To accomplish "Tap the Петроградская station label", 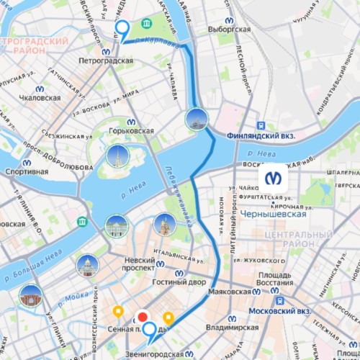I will point(106,61).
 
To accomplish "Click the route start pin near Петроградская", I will point(122,30).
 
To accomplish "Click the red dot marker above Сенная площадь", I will point(143,316).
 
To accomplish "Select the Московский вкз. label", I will point(274,311).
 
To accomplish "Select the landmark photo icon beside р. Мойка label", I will point(31,296).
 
